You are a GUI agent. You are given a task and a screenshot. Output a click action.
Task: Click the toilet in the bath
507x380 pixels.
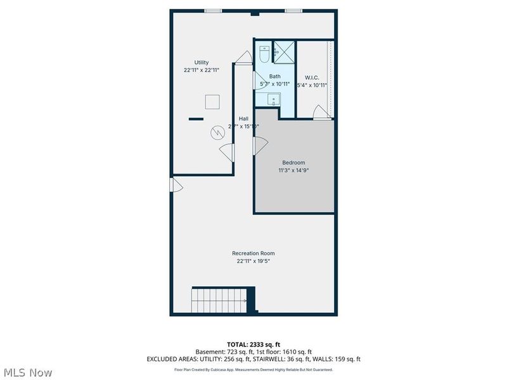pos(264,54)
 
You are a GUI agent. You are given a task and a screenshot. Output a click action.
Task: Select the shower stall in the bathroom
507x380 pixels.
pos(284,51)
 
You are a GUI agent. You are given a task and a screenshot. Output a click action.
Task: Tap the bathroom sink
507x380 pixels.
pos(274,99)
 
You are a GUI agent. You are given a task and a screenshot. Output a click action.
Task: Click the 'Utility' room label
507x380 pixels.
pos(202,62)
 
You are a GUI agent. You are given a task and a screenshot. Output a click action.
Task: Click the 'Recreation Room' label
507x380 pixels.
pos(253,253)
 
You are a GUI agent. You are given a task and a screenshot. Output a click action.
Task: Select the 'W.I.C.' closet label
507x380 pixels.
pos(312,77)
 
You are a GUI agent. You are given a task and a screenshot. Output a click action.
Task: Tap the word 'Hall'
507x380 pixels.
pos(243,118)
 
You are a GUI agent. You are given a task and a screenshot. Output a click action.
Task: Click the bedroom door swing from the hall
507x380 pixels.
pos(259,146)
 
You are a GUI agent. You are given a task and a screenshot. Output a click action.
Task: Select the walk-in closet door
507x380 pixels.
pos(322,113)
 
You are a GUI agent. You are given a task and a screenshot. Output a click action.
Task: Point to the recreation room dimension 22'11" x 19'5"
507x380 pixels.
pos(253,260)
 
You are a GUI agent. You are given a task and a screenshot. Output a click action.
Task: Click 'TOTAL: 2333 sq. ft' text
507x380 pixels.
pos(253,344)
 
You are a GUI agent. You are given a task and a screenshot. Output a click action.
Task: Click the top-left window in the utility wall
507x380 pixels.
pos(213,11)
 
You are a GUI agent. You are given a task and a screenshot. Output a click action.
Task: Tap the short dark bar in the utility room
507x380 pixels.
pos(196,119)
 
